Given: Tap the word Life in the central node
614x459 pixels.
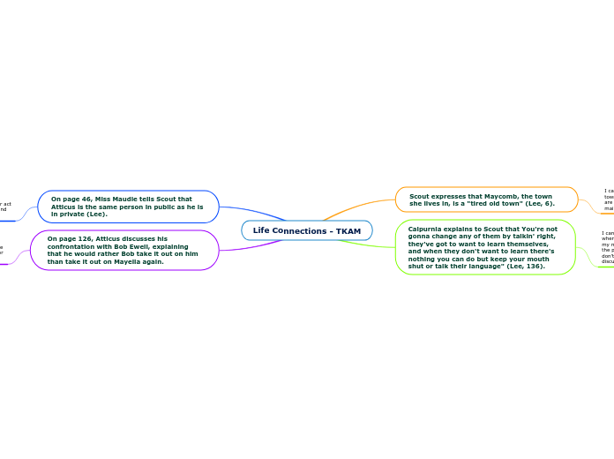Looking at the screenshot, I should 261,231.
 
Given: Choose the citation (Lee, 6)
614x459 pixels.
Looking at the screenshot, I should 536,204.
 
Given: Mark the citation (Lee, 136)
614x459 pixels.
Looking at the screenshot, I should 526,266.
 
